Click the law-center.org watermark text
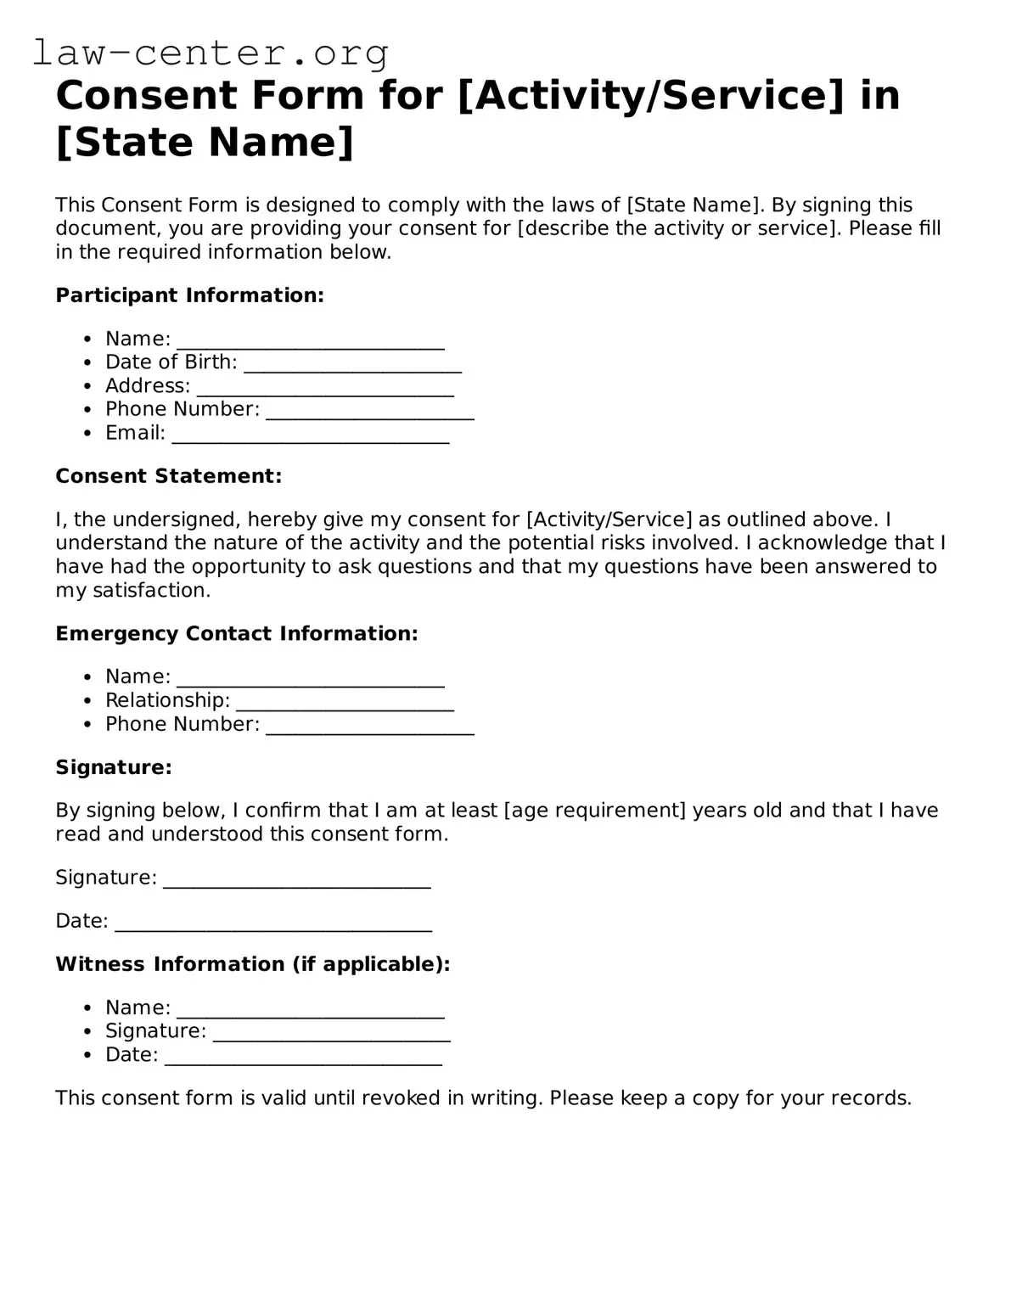(x=211, y=53)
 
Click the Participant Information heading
(x=189, y=295)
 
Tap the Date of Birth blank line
(x=352, y=365)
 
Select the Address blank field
(x=325, y=389)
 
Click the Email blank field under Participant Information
(x=310, y=435)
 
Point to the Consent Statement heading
(x=168, y=476)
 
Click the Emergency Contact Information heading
(x=236, y=634)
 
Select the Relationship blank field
(x=345, y=704)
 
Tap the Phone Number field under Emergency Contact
(x=369, y=727)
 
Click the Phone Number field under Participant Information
(x=369, y=413)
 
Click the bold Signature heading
(x=113, y=767)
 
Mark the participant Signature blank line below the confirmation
(x=296, y=880)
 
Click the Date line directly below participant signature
(x=272, y=924)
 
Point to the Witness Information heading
(x=252, y=964)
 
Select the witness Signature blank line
(x=331, y=1034)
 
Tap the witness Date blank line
(x=303, y=1058)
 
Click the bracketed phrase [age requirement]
(x=594, y=811)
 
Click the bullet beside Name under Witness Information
(x=87, y=1008)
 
